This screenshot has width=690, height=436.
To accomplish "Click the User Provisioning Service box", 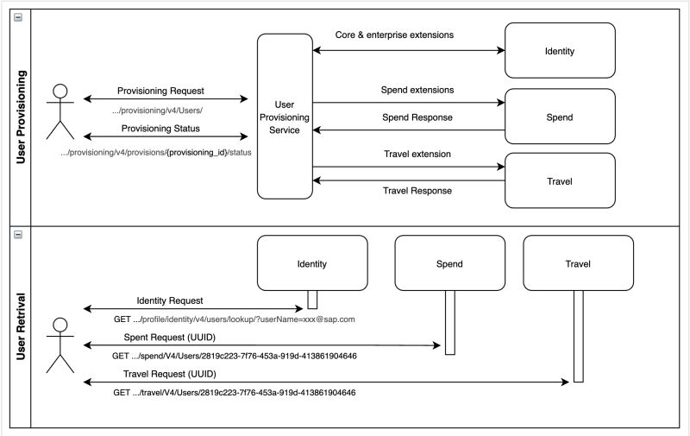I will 284,117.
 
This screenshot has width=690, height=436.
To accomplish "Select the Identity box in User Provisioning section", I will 559,51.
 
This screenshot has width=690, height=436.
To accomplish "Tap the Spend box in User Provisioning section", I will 559,117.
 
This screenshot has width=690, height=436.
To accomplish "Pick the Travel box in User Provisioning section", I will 559,181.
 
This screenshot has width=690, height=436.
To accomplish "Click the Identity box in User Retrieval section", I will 311,263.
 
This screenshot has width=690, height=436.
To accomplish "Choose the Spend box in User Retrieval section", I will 448,263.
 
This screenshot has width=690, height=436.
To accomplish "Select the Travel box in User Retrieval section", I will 578,263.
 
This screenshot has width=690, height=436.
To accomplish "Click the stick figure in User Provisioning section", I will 60,111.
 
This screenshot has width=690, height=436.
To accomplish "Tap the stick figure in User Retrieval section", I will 60,344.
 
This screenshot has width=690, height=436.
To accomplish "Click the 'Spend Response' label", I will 417,117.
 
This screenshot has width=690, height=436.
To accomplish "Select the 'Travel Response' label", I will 417,191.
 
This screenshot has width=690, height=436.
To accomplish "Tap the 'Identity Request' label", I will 170,300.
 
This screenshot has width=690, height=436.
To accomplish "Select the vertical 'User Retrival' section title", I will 20,325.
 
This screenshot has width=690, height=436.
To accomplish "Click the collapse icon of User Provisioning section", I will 19,17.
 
